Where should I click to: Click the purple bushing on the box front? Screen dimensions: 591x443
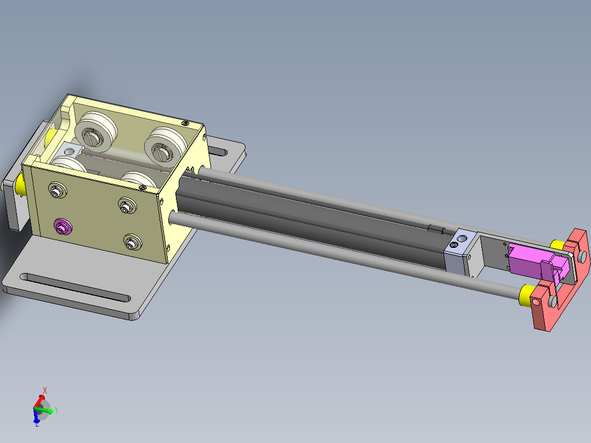[x=62, y=226]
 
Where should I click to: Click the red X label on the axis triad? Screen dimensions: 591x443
[x=45, y=390]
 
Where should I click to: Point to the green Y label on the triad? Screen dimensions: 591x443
[x=56, y=410]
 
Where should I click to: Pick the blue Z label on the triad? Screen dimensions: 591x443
[x=37, y=423]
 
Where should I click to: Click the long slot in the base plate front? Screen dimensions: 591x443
[x=75, y=287]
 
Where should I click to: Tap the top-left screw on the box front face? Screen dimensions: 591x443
[x=58, y=191]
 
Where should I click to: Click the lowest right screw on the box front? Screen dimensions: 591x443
[x=132, y=242]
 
